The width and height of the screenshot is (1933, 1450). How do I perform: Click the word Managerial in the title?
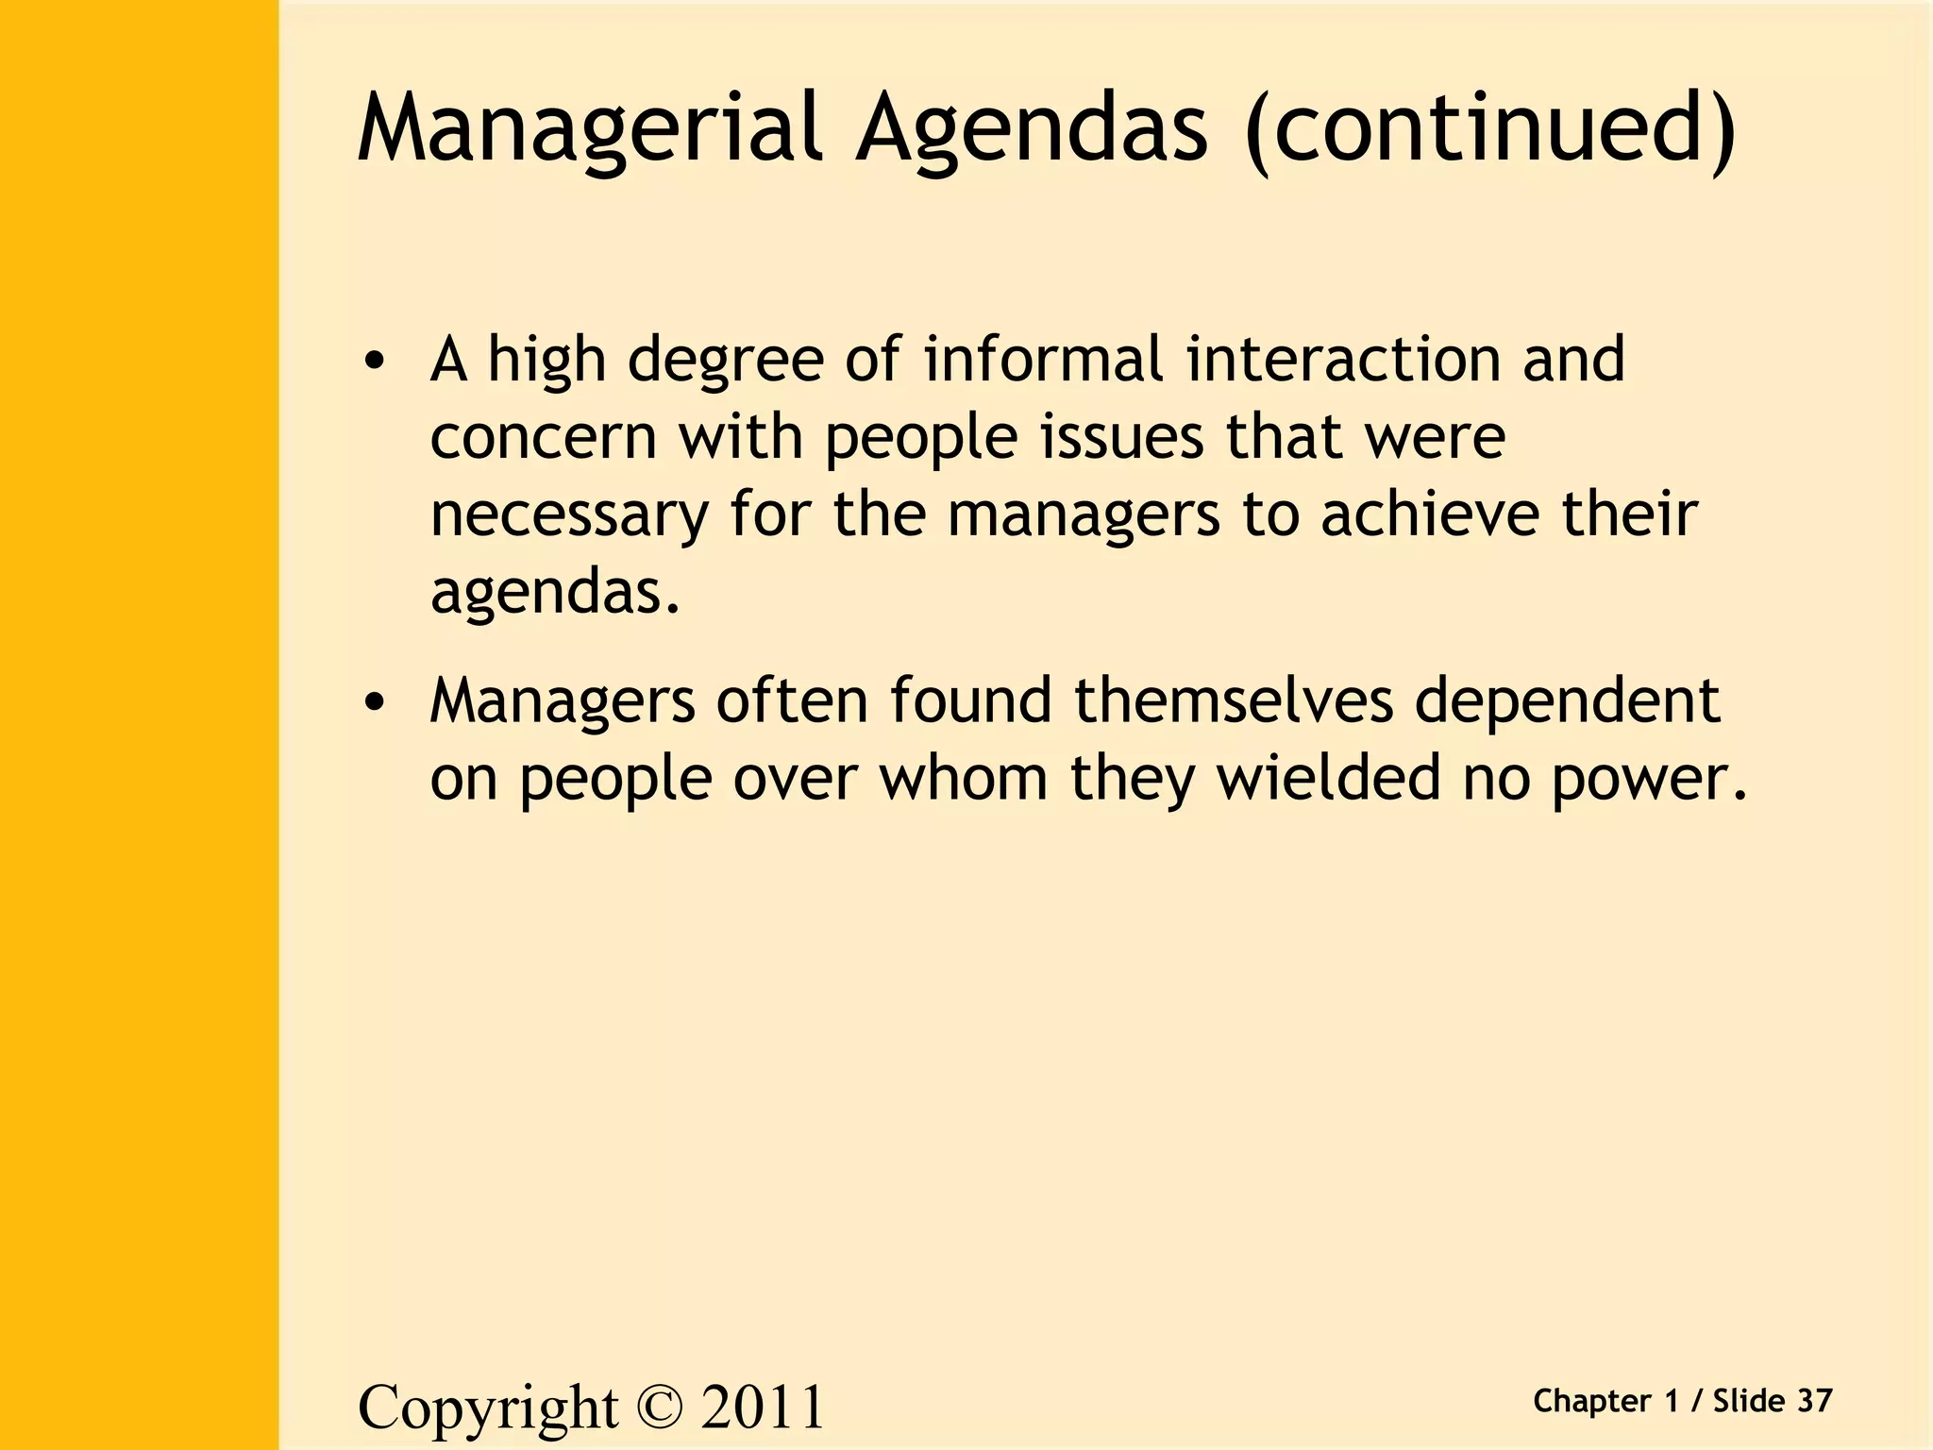pyautogui.click(x=591, y=128)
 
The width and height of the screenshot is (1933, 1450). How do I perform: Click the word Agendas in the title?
pyautogui.click(x=1031, y=128)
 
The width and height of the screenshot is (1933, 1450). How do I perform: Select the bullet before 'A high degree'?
pyautogui.click(x=376, y=362)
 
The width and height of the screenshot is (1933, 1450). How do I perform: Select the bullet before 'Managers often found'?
pyautogui.click(x=376, y=702)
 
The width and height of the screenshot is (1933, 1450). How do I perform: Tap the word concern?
pyautogui.click(x=543, y=438)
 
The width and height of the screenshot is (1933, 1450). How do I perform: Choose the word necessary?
pyautogui.click(x=569, y=516)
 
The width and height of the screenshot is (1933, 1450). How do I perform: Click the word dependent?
pyautogui.click(x=1567, y=703)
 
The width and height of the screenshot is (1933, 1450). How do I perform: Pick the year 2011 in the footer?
pyautogui.click(x=763, y=1407)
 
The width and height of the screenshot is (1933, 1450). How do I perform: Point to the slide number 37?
pyautogui.click(x=1814, y=1401)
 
